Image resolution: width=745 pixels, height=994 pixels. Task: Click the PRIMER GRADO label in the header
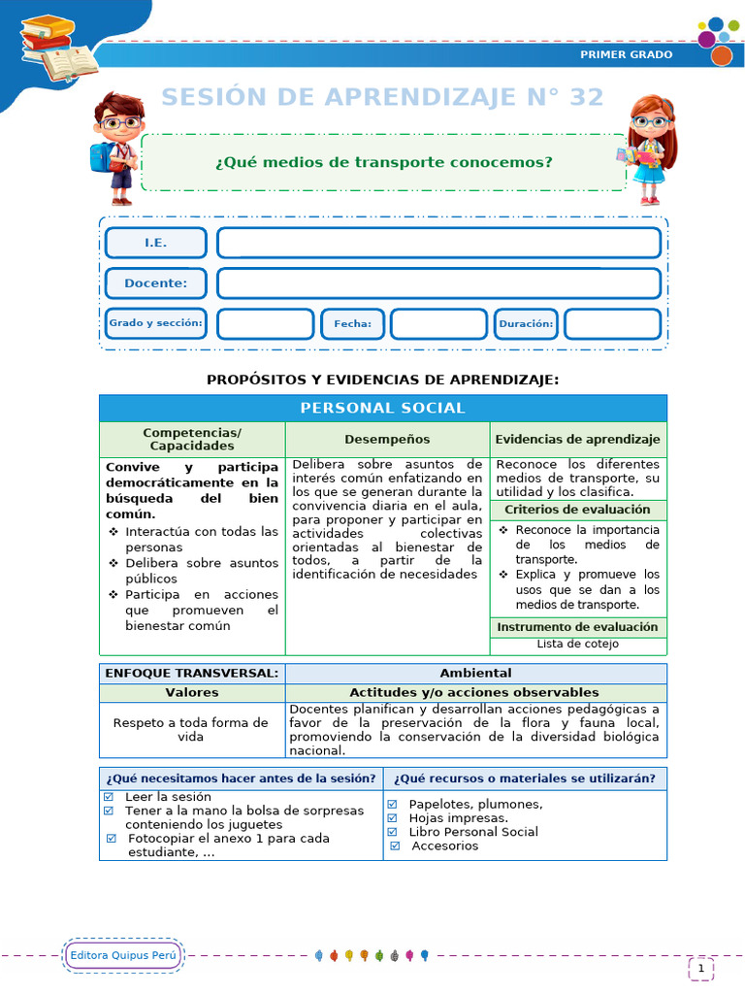tap(626, 54)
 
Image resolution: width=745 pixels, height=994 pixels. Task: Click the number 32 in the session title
tap(580, 97)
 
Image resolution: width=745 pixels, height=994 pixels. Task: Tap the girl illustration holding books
tap(647, 149)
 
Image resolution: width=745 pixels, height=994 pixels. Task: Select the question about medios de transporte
tap(383, 162)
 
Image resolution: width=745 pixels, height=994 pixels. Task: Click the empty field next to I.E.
tap(438, 243)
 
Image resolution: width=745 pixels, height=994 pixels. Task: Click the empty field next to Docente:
tap(438, 283)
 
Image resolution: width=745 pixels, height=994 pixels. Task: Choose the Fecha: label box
tap(352, 324)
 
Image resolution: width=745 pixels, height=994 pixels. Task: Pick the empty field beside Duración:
tap(612, 324)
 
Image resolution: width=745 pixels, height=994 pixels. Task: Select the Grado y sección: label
tap(155, 323)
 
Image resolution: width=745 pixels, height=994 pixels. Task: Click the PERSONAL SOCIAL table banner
tap(382, 408)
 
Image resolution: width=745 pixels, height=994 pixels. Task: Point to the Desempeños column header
tap(387, 439)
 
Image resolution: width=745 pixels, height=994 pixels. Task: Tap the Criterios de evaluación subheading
tap(577, 510)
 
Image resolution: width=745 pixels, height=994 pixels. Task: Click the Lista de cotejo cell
tap(577, 644)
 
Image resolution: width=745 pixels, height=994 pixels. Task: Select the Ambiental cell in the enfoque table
tap(475, 673)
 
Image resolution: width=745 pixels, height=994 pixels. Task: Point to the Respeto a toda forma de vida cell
tap(191, 730)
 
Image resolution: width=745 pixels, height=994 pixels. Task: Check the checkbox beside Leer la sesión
tap(109, 796)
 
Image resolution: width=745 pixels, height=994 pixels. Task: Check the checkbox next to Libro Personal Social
tap(392, 832)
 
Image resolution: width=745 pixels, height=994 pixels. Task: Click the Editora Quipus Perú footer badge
tap(123, 956)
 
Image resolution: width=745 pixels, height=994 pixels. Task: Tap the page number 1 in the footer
tap(700, 968)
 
